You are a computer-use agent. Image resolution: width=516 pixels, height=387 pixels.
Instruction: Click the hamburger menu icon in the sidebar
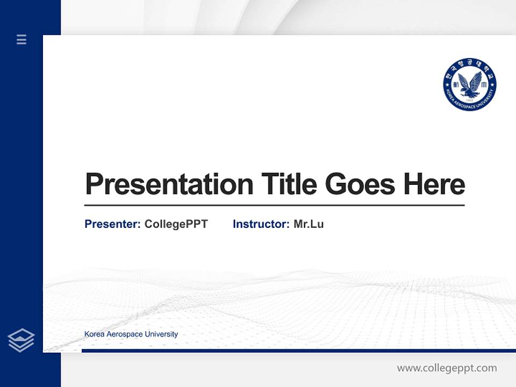pos(21,39)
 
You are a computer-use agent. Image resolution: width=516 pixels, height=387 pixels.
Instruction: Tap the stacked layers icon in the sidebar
pos(21,340)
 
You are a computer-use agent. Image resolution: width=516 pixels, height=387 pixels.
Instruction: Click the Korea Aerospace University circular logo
pos(470,85)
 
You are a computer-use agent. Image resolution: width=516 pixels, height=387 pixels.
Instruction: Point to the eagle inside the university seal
pos(470,84)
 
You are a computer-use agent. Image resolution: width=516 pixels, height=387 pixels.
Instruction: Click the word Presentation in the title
pos(169,184)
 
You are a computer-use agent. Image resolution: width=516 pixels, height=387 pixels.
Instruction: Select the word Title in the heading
pos(289,184)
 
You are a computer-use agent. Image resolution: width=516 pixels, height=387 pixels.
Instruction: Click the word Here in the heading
pos(434,184)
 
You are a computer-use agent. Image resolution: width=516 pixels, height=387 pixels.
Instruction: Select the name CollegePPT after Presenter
pos(176,224)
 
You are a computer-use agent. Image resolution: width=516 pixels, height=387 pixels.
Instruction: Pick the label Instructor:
pos(261,224)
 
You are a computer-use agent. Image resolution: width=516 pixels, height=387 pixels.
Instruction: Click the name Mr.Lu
pos(309,224)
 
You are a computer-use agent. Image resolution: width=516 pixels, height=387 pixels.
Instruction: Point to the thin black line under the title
pos(274,205)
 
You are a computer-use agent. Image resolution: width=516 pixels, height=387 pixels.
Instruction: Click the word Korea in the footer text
pos(94,334)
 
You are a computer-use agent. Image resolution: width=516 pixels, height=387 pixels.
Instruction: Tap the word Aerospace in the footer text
pos(125,334)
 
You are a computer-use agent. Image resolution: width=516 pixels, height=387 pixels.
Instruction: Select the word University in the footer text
pos(161,334)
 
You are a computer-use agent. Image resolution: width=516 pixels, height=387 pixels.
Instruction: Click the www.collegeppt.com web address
pos(447,368)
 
